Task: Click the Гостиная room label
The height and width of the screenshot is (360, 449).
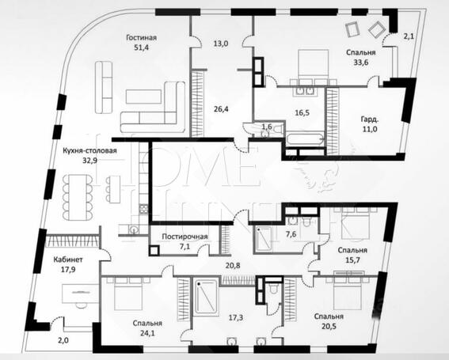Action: pos(142,37)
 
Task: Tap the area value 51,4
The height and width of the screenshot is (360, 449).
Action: pos(142,47)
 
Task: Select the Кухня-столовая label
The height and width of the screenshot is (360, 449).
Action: pos(90,150)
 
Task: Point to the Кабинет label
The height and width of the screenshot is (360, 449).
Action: pos(68,260)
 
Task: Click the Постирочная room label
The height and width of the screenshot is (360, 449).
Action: pos(185,237)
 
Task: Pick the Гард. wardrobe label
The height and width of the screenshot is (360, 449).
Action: pos(370,119)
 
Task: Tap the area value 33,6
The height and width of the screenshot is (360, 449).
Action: pos(361,62)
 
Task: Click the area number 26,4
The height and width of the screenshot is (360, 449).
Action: pos(221,108)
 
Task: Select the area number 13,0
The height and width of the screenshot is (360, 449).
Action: pos(221,44)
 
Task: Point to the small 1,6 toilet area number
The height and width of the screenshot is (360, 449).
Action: pos(267,127)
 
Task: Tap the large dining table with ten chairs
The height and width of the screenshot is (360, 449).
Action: pos(78,197)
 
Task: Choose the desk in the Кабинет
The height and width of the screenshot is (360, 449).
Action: pos(81,294)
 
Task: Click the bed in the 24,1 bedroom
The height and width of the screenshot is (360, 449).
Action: pos(128,294)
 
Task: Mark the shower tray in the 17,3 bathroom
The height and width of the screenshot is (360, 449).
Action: pos(206,298)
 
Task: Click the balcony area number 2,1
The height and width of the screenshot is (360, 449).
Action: pos(409,36)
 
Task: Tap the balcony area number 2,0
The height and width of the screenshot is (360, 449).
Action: pos(63,340)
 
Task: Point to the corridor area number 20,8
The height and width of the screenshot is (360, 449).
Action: pos(233,266)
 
